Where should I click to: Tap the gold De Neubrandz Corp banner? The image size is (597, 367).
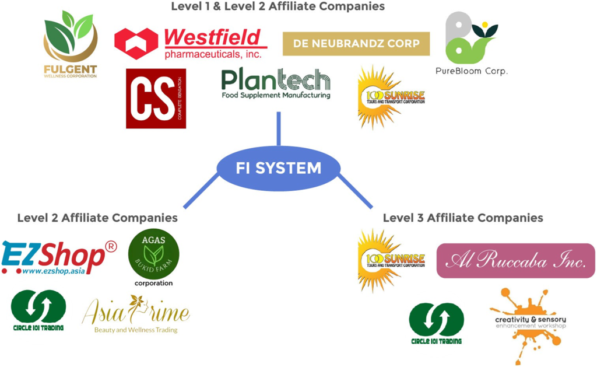pyautogui.click(x=356, y=44)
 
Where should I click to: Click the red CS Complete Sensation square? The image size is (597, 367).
pyautogui.click(x=156, y=99)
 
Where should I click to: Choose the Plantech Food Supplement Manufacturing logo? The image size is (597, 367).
pyautogui.click(x=276, y=84)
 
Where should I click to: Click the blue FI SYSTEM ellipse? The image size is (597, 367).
pyautogui.click(x=279, y=168)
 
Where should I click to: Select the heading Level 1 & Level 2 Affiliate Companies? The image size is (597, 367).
pyautogui.click(x=278, y=6)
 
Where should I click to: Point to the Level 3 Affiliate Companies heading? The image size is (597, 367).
pyautogui.click(x=463, y=218)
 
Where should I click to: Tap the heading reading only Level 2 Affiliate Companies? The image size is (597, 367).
pyautogui.click(x=97, y=218)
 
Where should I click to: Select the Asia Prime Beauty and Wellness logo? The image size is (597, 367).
pyautogui.click(x=136, y=314)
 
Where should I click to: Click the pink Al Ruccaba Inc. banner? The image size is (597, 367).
pyautogui.click(x=515, y=261)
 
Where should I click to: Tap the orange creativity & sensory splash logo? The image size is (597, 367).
pyautogui.click(x=528, y=324)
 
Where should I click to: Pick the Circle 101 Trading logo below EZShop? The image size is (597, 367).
pyautogui.click(x=38, y=310)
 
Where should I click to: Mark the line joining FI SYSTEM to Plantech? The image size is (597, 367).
pyautogui.click(x=279, y=128)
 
